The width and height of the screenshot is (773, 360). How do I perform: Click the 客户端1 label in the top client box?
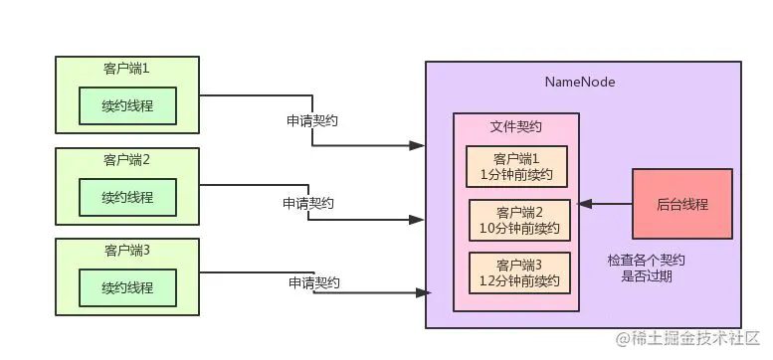tap(126, 69)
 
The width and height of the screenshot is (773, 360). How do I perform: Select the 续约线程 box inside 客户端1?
tap(126, 105)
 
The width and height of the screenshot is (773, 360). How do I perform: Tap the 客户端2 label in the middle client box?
tap(126, 159)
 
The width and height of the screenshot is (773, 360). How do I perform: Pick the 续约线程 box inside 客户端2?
tap(126, 197)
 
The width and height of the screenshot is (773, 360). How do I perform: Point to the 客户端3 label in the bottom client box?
tap(126, 250)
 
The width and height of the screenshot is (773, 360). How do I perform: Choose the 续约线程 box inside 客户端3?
tap(126, 287)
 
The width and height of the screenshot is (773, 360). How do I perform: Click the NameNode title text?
tap(580, 81)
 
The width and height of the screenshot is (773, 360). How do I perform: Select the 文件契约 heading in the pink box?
tap(515, 128)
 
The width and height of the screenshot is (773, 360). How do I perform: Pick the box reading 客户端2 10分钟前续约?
tap(519, 220)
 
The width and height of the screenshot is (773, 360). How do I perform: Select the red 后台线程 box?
tap(681, 203)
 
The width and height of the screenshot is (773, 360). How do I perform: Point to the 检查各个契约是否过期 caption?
tap(647, 268)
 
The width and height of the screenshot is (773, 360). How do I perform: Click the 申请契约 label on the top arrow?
tap(311, 119)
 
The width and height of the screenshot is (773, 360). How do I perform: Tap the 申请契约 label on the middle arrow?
tap(307, 202)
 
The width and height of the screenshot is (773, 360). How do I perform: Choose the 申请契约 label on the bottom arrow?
tap(314, 282)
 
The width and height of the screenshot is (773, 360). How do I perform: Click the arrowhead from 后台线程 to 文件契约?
tap(586, 203)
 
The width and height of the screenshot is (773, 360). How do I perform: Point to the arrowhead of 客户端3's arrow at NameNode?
tap(425, 292)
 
